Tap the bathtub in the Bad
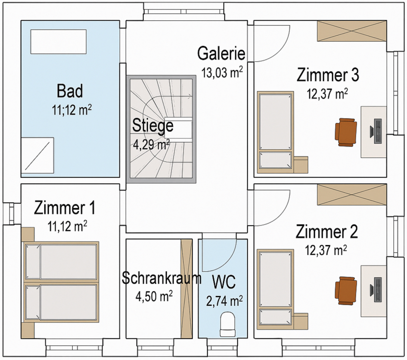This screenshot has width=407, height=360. tap(58, 42)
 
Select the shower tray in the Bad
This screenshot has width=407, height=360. tap(37, 154)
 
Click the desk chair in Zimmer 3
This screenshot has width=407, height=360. tap(346, 131)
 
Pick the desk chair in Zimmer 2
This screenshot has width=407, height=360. tap(346, 290)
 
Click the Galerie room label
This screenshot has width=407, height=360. tap(221, 54)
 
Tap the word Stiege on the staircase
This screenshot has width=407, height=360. tap(152, 126)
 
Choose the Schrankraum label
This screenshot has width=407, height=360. tap(161, 278)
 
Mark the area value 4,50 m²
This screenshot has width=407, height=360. tap(154, 296)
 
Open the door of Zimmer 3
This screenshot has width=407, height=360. tap(269, 43)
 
